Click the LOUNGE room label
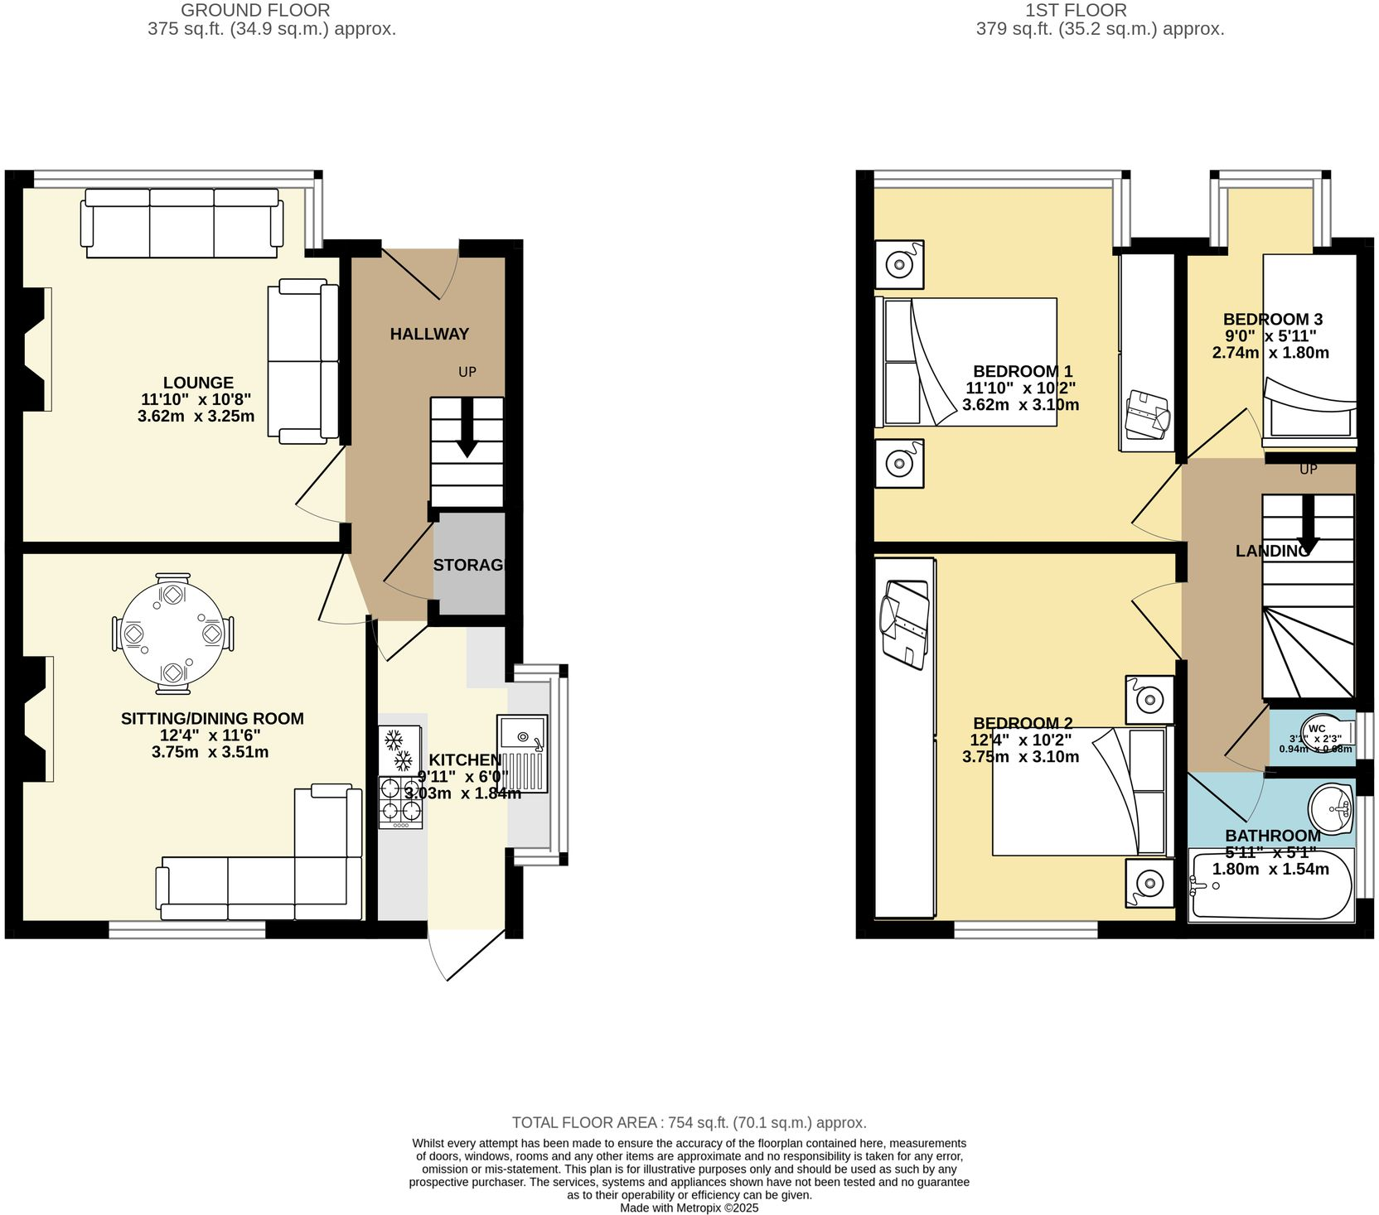(x=198, y=383)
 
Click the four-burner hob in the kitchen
(x=400, y=802)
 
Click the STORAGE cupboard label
(x=469, y=565)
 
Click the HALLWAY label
(x=429, y=334)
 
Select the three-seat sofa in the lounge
(x=181, y=222)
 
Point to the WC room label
(x=1317, y=729)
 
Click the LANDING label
(x=1272, y=551)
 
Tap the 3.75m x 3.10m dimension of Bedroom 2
(x=1020, y=756)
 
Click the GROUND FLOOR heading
(x=255, y=11)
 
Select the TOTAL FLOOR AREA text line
(x=689, y=1123)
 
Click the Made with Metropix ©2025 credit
(x=689, y=1208)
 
